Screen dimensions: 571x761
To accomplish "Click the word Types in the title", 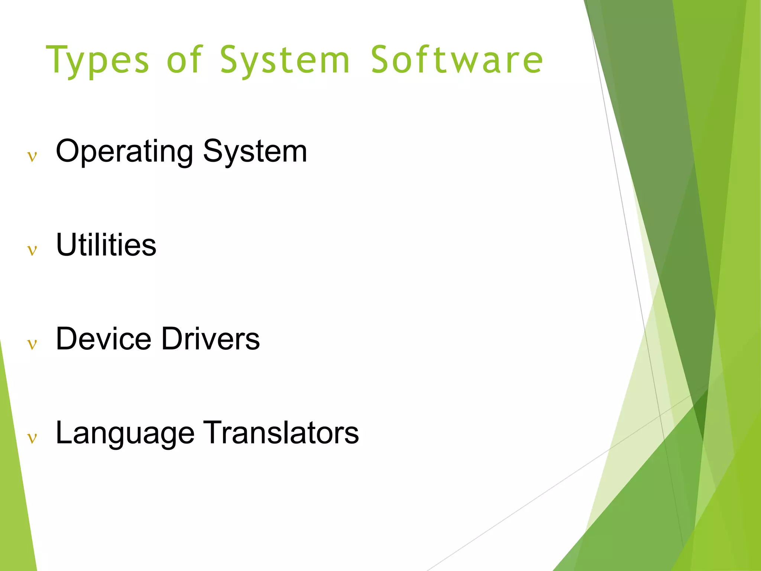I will click(x=97, y=60).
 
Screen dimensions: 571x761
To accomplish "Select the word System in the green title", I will click(x=285, y=60).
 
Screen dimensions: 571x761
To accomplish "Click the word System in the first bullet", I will click(x=255, y=151).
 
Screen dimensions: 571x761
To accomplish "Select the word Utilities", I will click(x=106, y=245).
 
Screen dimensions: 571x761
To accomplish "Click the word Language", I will click(x=125, y=433).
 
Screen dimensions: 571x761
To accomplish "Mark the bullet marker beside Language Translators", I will click(x=32, y=439).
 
